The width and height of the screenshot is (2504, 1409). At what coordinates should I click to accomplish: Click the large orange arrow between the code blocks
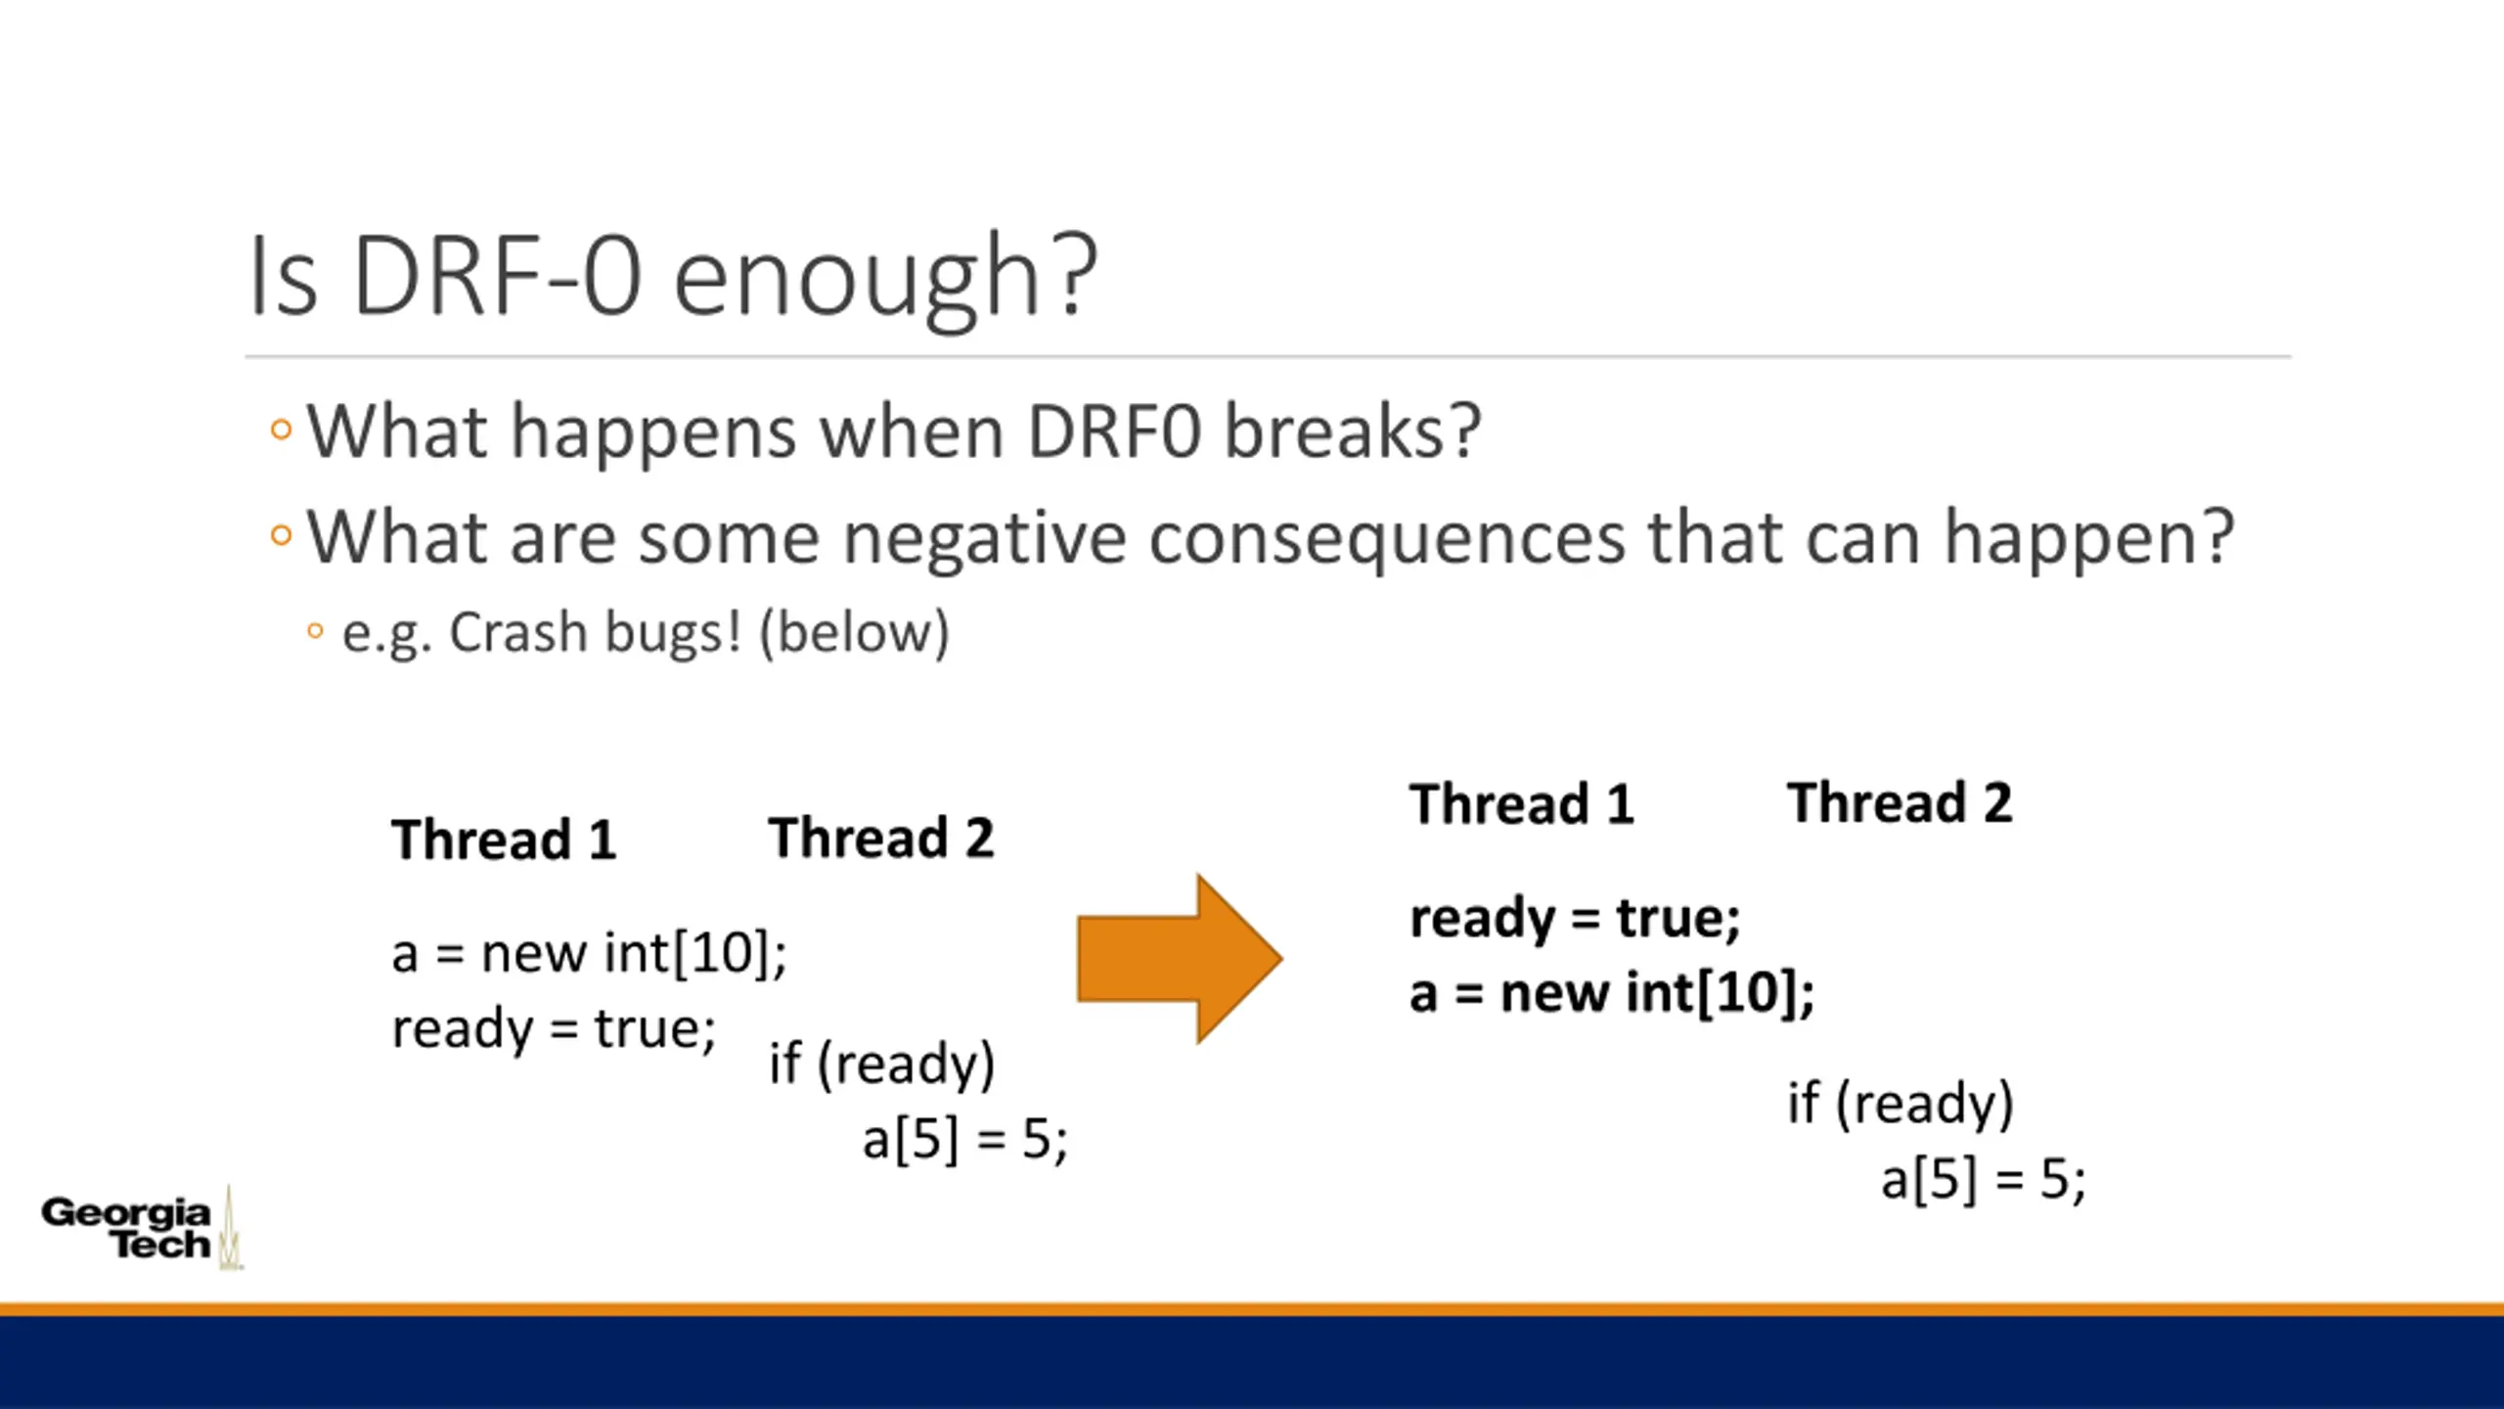click(x=1180, y=959)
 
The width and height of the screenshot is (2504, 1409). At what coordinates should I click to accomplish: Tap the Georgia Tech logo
click(x=142, y=1228)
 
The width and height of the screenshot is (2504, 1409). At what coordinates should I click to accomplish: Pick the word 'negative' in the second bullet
click(x=984, y=540)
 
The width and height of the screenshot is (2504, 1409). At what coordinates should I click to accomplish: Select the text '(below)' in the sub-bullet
click(x=854, y=634)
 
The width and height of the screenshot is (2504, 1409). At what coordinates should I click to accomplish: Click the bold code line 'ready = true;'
click(x=1575, y=919)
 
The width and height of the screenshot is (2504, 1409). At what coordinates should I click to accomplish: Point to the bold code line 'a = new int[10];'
click(x=1612, y=993)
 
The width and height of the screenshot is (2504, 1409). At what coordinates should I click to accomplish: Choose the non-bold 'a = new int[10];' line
click(x=589, y=953)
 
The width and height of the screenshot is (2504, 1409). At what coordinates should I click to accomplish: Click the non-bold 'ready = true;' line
click(x=554, y=1029)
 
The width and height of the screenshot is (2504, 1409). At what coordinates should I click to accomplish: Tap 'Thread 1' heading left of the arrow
click(x=504, y=840)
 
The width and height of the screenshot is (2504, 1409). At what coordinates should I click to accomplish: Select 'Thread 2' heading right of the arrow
click(x=1900, y=803)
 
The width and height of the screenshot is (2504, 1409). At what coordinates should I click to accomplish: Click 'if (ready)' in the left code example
click(x=881, y=1065)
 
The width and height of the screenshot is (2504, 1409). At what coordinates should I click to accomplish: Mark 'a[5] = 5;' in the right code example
click(x=1983, y=1179)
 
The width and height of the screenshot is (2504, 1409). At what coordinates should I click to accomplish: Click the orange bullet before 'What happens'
click(x=281, y=430)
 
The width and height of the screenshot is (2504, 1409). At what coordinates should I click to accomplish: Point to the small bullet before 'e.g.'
click(x=315, y=631)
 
